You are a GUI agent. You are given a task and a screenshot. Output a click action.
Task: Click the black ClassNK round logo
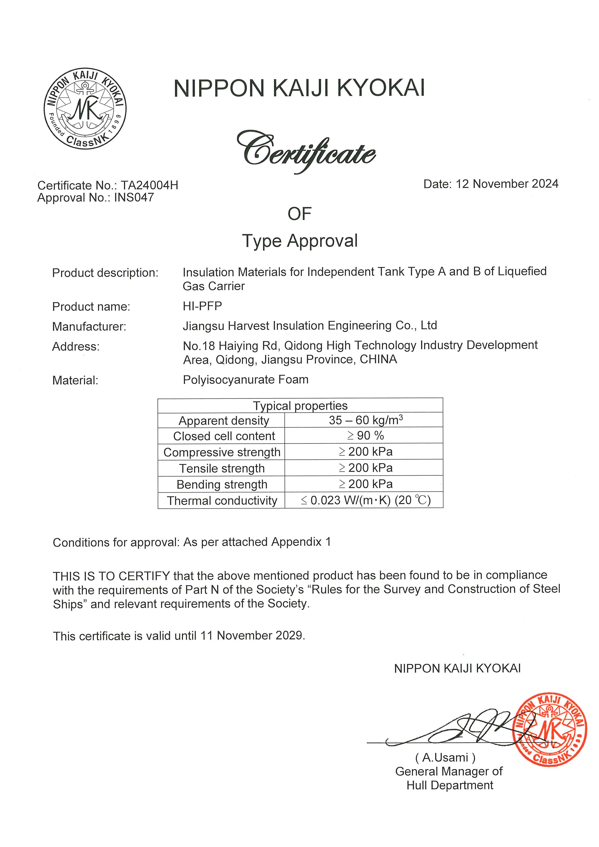point(85,109)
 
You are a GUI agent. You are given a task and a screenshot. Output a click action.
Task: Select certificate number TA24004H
point(150,185)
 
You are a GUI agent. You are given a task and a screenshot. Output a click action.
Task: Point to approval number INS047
point(134,198)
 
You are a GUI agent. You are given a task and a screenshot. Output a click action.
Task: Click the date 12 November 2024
point(507,184)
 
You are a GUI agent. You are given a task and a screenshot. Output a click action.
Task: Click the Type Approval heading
point(300,241)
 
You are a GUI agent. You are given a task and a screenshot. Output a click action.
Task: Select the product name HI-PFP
point(202,306)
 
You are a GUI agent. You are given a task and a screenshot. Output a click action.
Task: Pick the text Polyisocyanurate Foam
point(245,380)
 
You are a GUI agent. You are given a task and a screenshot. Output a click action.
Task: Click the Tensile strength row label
point(222,468)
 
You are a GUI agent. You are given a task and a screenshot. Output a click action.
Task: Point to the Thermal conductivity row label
point(222,501)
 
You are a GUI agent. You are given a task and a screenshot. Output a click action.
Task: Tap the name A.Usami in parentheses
point(445,757)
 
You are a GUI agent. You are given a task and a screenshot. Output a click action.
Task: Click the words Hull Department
point(449,785)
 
